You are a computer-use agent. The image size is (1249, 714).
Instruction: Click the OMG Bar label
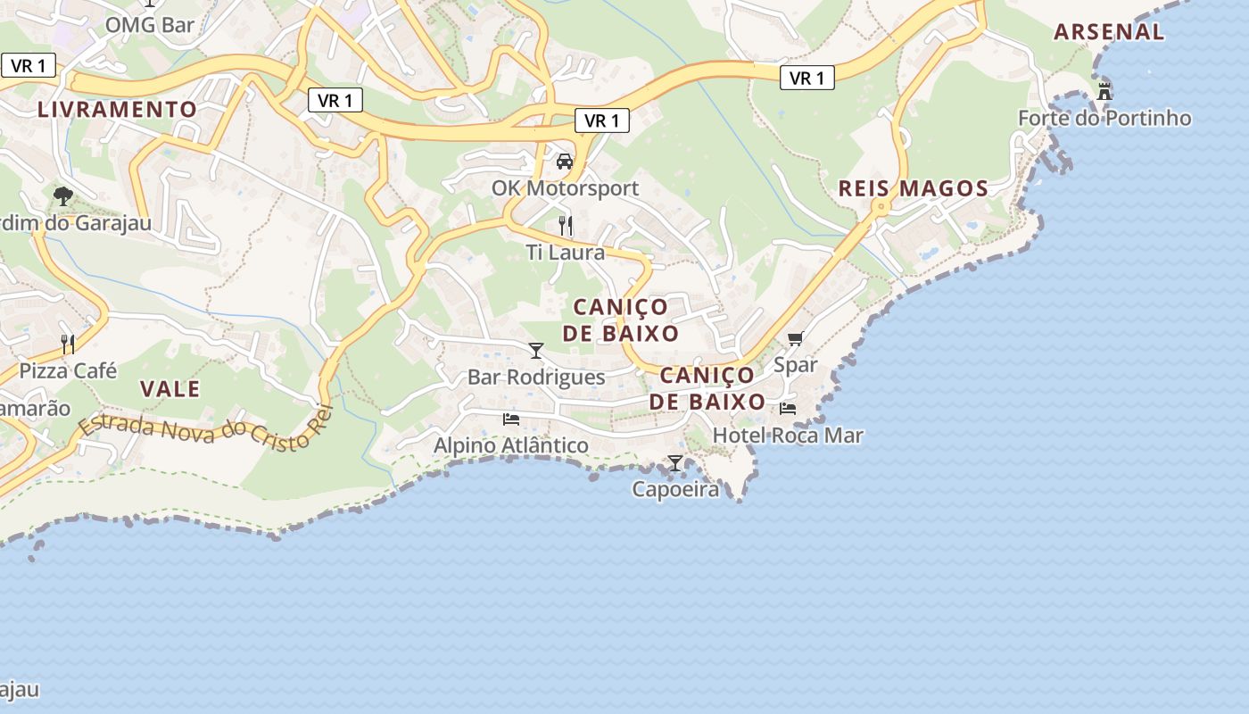(149, 24)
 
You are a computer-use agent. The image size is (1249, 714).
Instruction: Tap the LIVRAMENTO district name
(117, 110)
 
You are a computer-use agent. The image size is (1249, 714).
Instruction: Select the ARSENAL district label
(1109, 32)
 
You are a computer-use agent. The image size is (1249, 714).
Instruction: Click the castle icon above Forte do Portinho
(1104, 91)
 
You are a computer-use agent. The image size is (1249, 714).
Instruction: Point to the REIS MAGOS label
(914, 188)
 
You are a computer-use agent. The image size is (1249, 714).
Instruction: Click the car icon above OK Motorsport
(565, 162)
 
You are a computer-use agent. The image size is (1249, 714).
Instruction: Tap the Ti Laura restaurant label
(566, 253)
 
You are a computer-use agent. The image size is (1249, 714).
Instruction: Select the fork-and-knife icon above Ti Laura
(566, 225)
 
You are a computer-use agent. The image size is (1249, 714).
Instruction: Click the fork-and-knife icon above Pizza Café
(68, 344)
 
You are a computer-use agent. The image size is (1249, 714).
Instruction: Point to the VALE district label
(170, 389)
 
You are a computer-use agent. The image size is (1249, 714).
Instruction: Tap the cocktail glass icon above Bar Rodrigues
(536, 350)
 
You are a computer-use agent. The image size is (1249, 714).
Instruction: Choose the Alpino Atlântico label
(511, 445)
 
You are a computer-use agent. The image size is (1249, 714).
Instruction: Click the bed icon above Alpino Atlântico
(511, 419)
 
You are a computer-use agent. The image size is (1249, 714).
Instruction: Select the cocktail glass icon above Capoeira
(675, 462)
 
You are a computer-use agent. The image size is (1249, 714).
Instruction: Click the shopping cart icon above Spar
(795, 338)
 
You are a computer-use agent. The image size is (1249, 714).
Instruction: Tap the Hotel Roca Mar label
(788, 436)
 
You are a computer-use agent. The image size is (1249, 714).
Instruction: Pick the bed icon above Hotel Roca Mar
(788, 409)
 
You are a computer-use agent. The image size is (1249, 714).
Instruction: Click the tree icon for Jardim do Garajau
(62, 195)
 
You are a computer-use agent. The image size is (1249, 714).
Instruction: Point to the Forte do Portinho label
(1104, 118)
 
